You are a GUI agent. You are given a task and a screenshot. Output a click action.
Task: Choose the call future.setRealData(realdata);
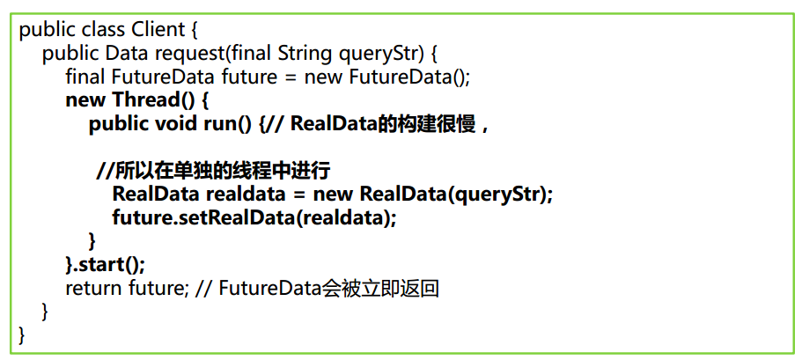coord(254,217)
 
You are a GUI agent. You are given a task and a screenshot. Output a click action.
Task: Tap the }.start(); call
coord(105,264)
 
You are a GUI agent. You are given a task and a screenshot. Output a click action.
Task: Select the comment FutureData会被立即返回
coord(328,288)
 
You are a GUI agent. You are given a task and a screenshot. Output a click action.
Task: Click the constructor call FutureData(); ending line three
coord(409,77)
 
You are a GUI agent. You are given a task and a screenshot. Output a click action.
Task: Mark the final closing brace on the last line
coord(23,334)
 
